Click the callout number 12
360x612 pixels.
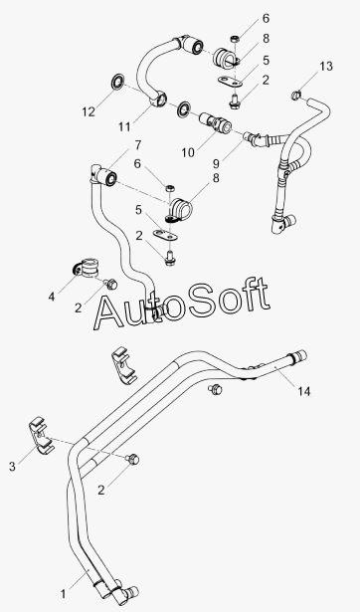pyautogui.click(x=89, y=112)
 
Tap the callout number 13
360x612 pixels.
pyautogui.click(x=326, y=67)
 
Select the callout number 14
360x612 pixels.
pyautogui.click(x=304, y=391)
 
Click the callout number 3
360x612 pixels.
pyautogui.click(x=13, y=466)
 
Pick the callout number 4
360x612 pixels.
pyautogui.click(x=52, y=297)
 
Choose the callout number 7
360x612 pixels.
pyautogui.click(x=138, y=145)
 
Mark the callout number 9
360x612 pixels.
pyautogui.click(x=216, y=163)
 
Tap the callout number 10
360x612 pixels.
pyautogui.click(x=188, y=152)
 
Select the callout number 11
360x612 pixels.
pyautogui.click(x=125, y=126)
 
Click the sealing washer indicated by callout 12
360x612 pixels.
pyautogui.click(x=116, y=82)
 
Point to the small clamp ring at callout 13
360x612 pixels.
pyautogui.click(x=297, y=95)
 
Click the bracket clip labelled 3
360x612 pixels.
pyautogui.click(x=42, y=436)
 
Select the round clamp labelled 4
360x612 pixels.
pyautogui.click(x=87, y=267)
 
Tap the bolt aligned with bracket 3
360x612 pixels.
pyautogui.click(x=133, y=460)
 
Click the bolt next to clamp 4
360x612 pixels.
pyautogui.click(x=111, y=284)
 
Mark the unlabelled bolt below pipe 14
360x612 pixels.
pyautogui.click(x=215, y=389)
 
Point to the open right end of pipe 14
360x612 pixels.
pyautogui.click(x=302, y=355)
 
